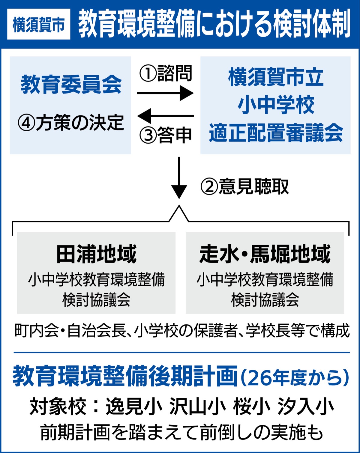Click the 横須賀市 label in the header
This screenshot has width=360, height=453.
click(39, 25)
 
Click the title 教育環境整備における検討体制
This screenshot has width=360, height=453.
click(214, 24)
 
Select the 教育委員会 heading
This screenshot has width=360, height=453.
click(71, 85)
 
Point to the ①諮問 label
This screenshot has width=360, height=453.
click(165, 73)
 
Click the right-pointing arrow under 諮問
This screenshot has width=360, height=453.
click(165, 93)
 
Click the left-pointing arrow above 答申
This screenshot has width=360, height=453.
click(165, 116)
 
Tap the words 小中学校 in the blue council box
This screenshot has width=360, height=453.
click(276, 105)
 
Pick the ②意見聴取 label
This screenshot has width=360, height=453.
click(244, 186)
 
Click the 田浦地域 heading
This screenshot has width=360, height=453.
click(96, 254)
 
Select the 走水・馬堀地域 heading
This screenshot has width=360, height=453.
click(265, 254)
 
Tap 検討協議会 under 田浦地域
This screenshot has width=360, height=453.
click(96, 300)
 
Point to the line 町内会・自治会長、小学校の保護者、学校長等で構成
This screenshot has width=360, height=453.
click(182, 331)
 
